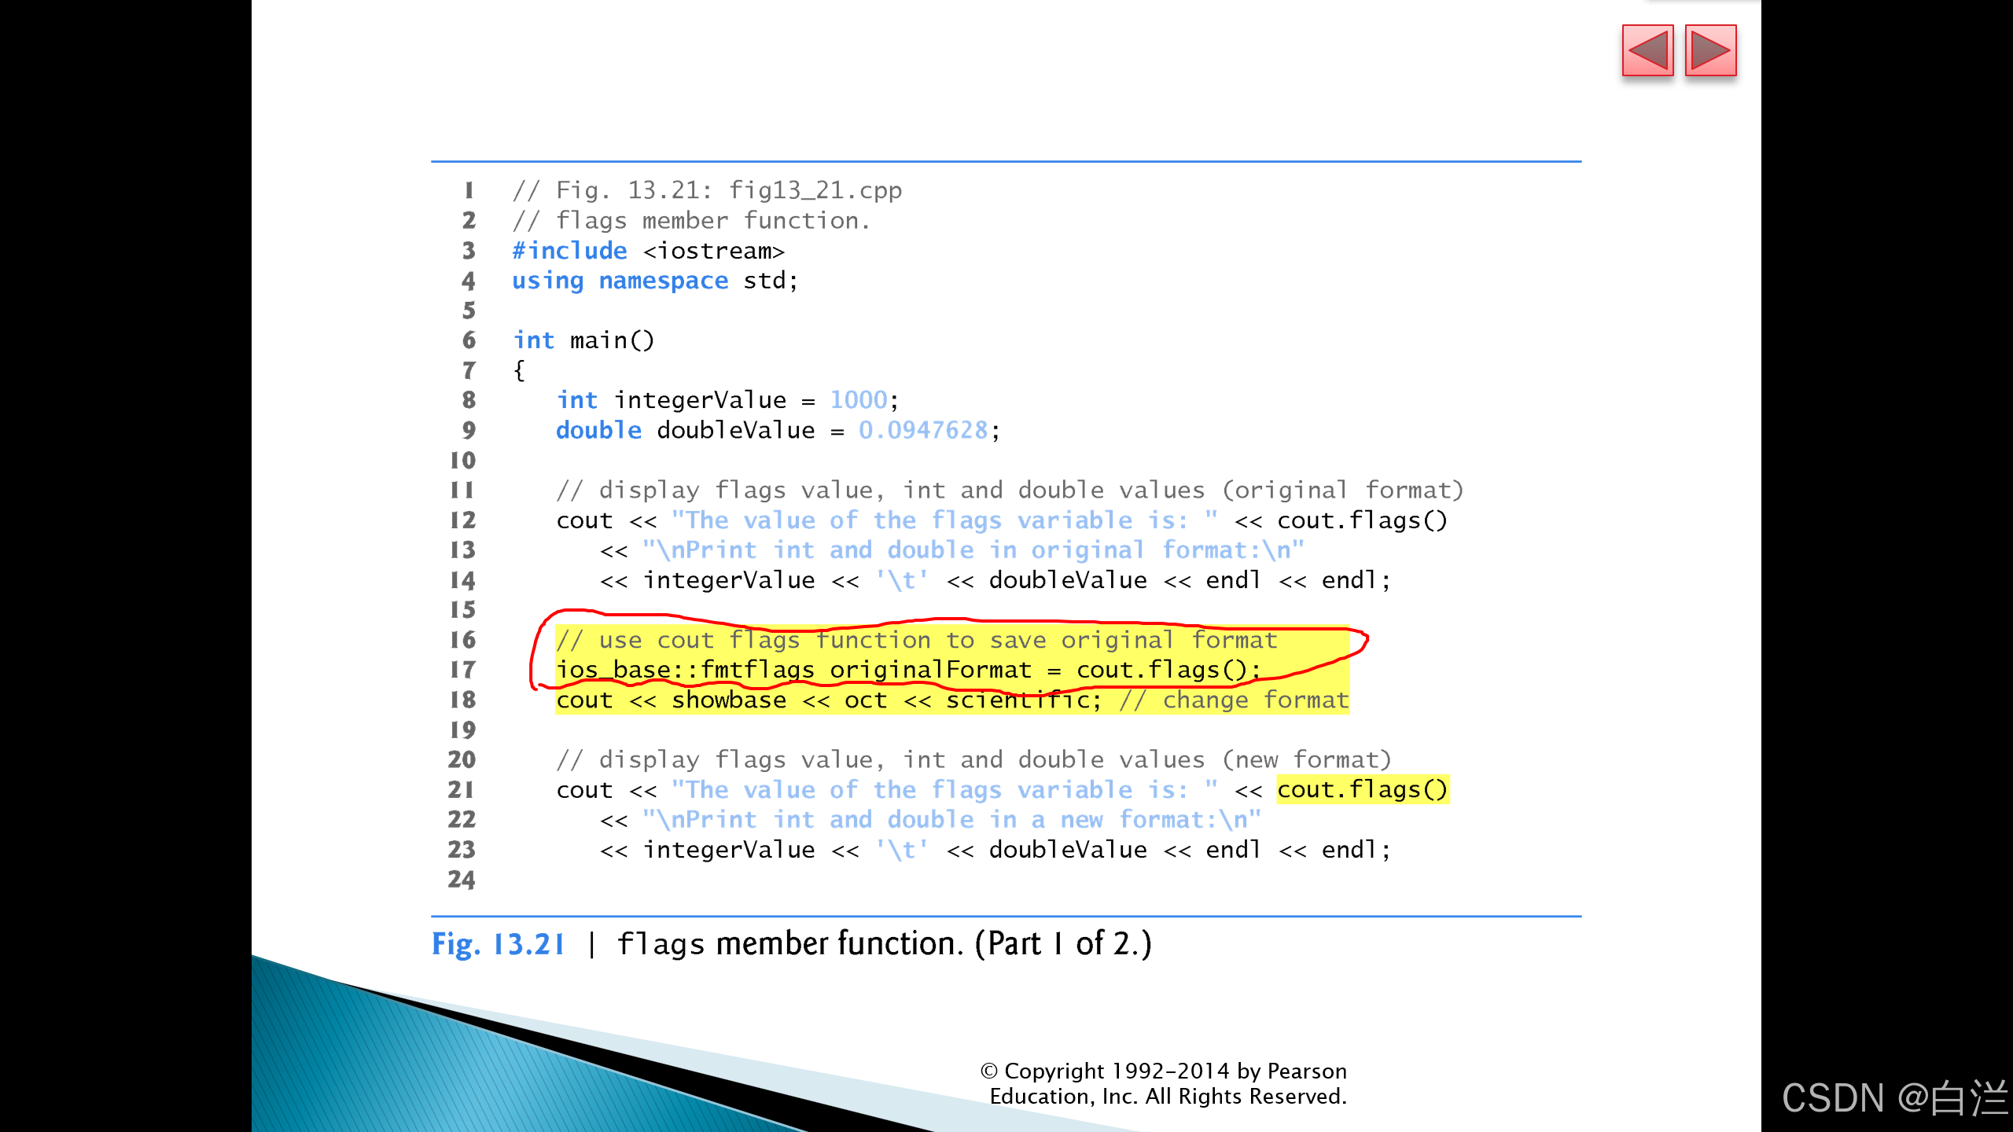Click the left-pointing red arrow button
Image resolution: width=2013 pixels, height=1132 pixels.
coord(1647,51)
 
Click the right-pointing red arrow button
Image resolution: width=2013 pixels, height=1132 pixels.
coord(1710,51)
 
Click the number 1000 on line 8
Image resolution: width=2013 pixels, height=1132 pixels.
coord(858,400)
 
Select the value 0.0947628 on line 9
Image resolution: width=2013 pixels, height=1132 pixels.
coord(922,430)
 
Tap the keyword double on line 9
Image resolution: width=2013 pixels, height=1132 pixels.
coord(598,430)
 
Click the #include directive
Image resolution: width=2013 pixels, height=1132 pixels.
coord(569,251)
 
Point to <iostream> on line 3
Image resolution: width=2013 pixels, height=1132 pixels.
coord(713,251)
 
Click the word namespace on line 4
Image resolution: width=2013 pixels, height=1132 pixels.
coord(663,281)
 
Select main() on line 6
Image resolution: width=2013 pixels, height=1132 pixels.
coord(611,340)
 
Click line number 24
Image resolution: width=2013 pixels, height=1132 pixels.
coord(462,879)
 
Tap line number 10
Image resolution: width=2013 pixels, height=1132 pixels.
coord(462,460)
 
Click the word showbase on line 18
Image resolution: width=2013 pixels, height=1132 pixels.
coord(728,700)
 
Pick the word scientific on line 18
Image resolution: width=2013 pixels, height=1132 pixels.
coord(1022,700)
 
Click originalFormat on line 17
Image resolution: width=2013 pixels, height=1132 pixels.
coord(930,670)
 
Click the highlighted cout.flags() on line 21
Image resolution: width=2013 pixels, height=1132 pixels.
coord(1362,789)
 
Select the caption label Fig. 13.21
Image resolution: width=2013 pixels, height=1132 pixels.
coord(498,943)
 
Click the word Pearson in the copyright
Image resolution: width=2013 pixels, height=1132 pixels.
coord(1307,1071)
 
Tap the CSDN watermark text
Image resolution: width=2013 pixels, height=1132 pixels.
coord(1893,1097)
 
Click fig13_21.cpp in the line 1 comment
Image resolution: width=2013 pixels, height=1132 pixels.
coord(815,190)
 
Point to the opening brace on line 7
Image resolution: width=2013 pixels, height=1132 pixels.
coord(519,370)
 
